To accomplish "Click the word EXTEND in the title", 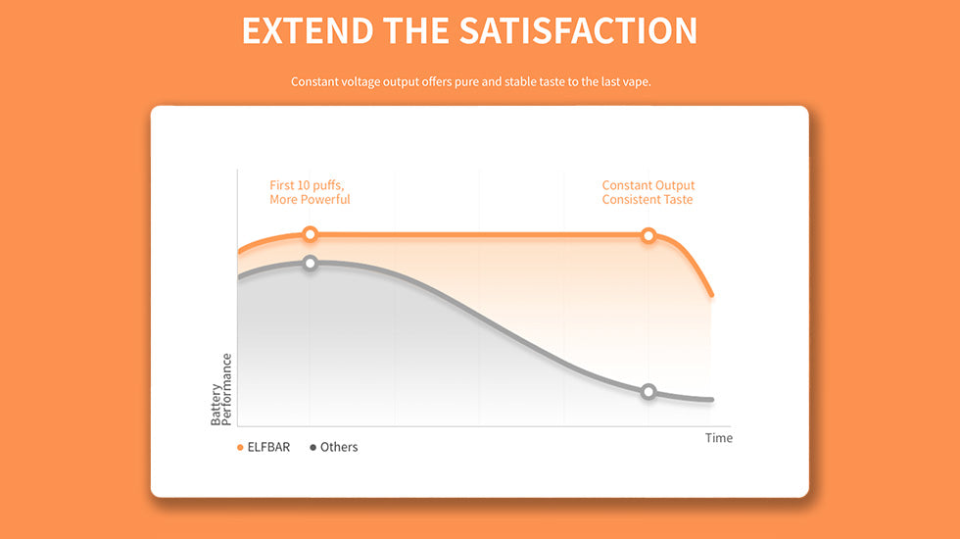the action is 308,30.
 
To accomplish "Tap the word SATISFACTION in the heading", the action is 578,30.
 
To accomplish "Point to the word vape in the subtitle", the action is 637,82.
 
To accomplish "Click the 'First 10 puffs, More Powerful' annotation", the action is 310,192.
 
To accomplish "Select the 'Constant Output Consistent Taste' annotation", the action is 648,192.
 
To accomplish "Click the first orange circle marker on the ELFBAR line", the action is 311,234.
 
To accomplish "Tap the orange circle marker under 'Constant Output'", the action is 648,235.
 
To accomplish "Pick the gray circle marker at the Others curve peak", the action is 311,263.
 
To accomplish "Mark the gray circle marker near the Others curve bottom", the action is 648,391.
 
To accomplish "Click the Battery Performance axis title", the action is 221,390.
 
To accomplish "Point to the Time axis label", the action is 719,438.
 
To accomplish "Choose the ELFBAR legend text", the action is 268,447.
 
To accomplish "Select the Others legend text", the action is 339,447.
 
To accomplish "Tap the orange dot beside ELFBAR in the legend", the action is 240,448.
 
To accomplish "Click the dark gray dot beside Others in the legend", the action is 312,448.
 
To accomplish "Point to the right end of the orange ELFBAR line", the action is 711,295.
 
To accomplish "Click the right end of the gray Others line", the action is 712,400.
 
